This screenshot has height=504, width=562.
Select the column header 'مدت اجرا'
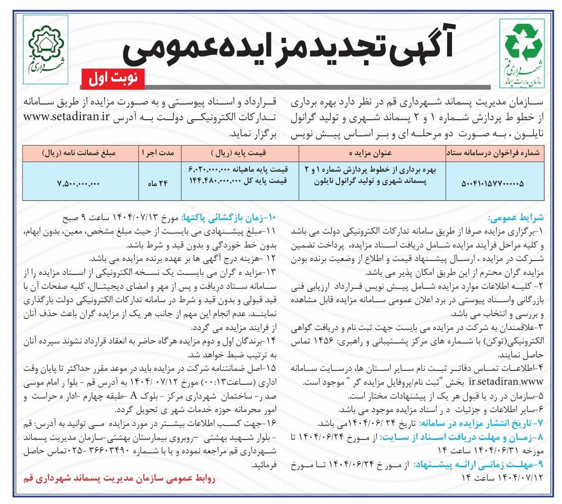tap(158, 153)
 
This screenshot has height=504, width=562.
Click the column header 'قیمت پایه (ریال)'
tap(240, 153)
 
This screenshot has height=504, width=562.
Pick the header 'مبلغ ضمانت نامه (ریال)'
tap(79, 153)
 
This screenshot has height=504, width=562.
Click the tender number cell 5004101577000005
tap(492, 183)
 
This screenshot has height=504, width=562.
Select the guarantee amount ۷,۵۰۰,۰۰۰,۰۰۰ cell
tap(79, 183)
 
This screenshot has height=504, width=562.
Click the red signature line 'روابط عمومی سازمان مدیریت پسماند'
tap(119, 478)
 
